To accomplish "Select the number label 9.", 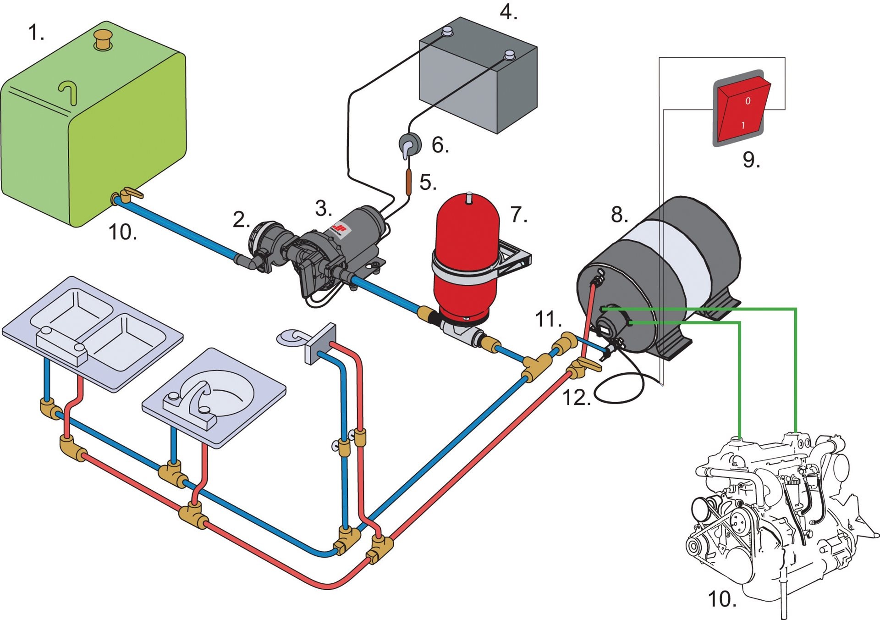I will coord(751,160).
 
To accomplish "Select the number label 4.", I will coord(508,13).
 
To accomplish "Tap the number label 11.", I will coord(548,319).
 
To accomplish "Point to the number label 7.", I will coord(518,215).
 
